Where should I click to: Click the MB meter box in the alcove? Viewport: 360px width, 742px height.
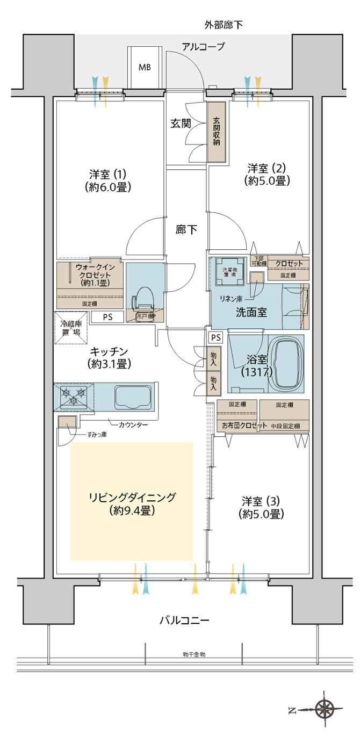145,68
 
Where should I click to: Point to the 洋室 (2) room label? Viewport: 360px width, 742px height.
267,174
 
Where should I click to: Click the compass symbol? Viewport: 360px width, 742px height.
325,709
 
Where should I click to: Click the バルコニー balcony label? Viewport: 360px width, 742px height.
184,621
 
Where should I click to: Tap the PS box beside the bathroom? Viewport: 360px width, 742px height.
215,338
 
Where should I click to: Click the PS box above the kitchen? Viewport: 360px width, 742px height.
108,317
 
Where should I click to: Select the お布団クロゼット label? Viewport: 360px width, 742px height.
244,426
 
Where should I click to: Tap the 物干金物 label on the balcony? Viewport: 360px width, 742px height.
194,655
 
